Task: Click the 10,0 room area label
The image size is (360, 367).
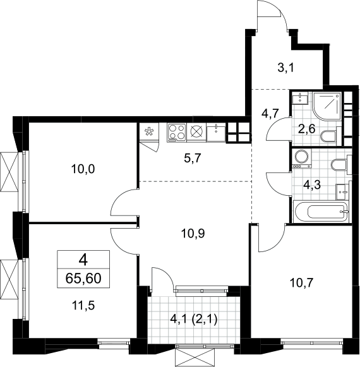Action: (83, 169)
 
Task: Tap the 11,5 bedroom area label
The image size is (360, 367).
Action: (83, 306)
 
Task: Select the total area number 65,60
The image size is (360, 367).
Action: (83, 279)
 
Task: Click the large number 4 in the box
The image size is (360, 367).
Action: (83, 260)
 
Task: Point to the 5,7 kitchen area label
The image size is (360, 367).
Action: (193, 159)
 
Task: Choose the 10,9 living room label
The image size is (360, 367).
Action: (193, 234)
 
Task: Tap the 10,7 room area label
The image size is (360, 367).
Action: (301, 283)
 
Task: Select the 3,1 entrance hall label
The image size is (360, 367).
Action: (285, 68)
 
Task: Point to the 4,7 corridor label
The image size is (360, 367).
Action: (270, 114)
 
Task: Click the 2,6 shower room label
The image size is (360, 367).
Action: (307, 129)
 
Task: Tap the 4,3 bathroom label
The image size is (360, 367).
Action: (312, 185)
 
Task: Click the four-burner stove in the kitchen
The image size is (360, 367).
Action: (177, 133)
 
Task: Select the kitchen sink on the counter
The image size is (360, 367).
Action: (216, 133)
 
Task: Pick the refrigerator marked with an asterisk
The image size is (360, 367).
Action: (148, 131)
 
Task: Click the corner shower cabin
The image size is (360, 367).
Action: (327, 107)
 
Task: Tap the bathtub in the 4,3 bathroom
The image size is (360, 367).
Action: (321, 212)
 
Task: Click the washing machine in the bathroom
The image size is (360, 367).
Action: (301, 158)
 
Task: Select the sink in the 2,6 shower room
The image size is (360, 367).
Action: (299, 98)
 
